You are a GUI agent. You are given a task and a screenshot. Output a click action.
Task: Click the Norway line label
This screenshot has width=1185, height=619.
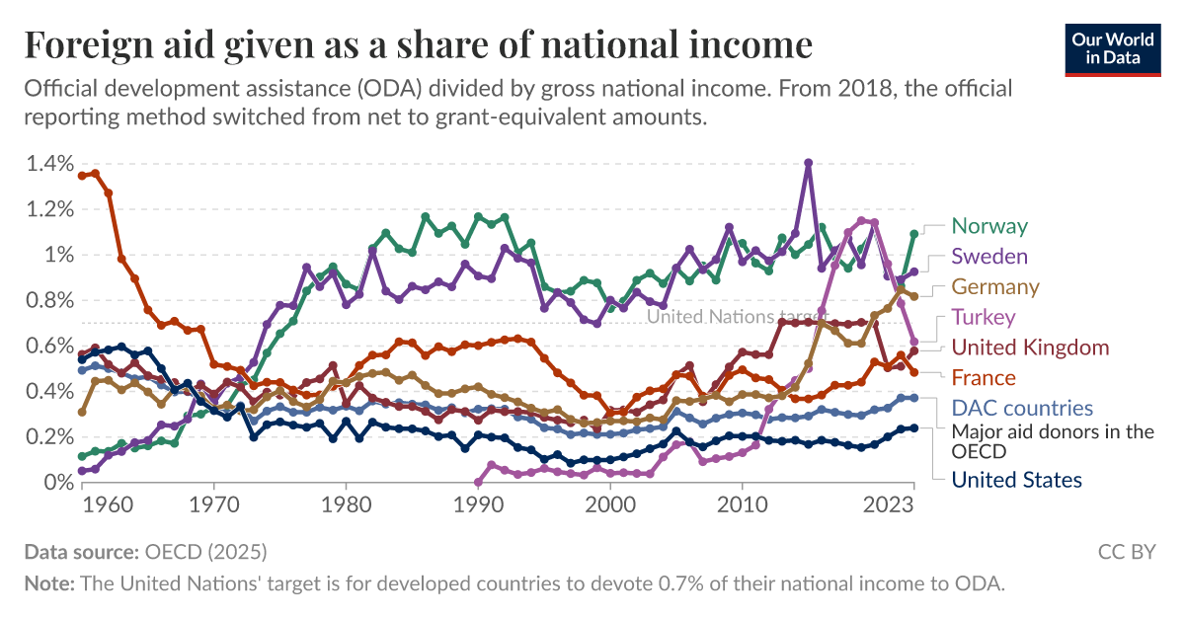988,226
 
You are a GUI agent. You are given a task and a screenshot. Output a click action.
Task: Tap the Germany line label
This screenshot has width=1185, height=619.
994,287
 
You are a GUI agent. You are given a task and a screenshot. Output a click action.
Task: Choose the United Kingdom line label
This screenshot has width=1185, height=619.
1030,348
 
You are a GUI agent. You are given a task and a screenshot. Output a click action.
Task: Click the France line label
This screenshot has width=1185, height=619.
983,378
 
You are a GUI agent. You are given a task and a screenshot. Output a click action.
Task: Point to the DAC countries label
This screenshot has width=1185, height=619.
1022,408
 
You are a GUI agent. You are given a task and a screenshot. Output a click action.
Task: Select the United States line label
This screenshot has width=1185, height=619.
1016,480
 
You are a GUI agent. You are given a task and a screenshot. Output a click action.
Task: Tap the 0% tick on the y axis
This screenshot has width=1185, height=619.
56,482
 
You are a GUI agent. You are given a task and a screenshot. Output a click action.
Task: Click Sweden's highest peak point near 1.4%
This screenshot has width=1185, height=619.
808,162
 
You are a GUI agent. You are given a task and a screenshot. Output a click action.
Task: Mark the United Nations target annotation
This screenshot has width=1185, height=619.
724,317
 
